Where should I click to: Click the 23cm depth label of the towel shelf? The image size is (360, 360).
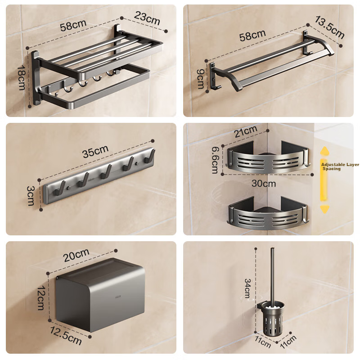pyautogui.click(x=147, y=18)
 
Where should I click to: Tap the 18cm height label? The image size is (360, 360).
pyautogui.click(x=22, y=77)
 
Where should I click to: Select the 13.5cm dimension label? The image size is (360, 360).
pyautogui.click(x=329, y=27)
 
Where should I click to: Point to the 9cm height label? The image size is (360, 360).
pyautogui.click(x=200, y=79)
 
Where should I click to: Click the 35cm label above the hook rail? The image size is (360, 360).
pyautogui.click(x=95, y=151)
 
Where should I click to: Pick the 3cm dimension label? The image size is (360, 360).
pyautogui.click(x=31, y=196)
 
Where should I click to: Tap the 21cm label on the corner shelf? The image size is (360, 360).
pyautogui.click(x=245, y=131)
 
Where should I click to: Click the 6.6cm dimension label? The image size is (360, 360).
pyautogui.click(x=216, y=160)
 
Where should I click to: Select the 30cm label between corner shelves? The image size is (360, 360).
pyautogui.click(x=264, y=184)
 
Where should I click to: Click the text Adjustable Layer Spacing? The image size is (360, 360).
pyautogui.click(x=340, y=166)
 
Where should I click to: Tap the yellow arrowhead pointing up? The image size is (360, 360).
pyautogui.click(x=324, y=152)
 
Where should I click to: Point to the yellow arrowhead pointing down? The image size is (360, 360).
pyautogui.click(x=324, y=209)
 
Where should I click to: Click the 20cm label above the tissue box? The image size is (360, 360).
pyautogui.click(x=76, y=255)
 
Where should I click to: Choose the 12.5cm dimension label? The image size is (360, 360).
pyautogui.click(x=66, y=336)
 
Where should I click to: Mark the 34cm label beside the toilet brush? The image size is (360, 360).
pyautogui.click(x=247, y=288)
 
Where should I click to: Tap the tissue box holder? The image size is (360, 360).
pyautogui.click(x=100, y=295)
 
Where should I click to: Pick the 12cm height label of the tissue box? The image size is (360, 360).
pyautogui.click(x=41, y=298)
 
